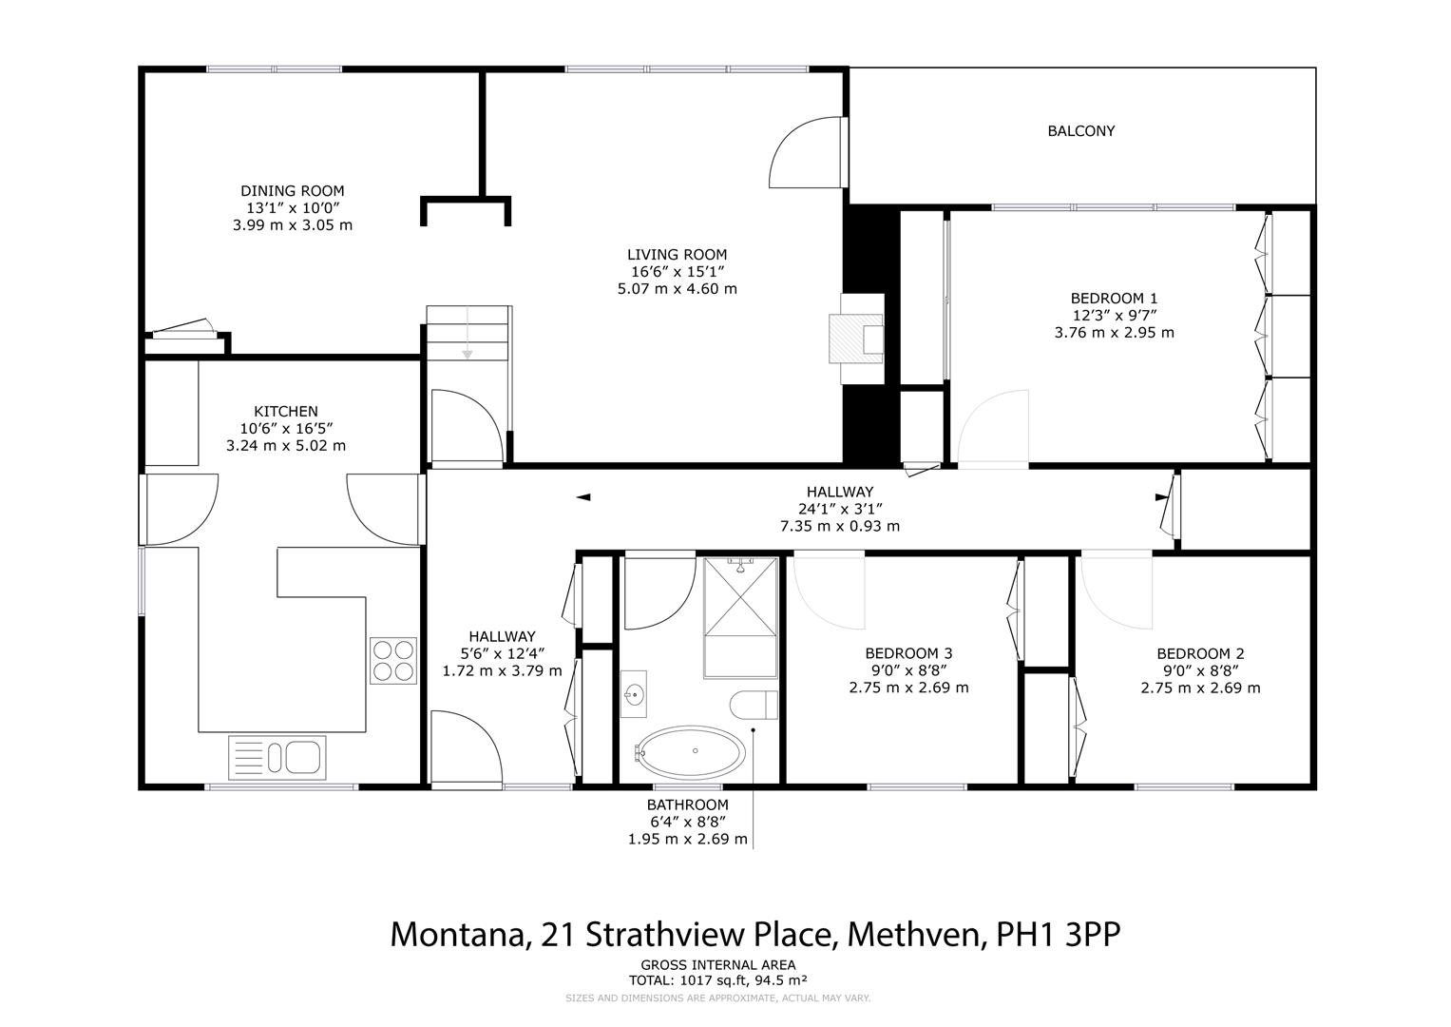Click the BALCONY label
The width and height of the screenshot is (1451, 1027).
1080,131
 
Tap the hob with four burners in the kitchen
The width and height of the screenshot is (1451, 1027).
393,660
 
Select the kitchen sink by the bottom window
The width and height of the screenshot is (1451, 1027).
277,758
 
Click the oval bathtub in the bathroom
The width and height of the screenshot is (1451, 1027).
691,752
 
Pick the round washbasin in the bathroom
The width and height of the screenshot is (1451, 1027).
634,696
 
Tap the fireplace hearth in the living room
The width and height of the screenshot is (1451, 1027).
856,339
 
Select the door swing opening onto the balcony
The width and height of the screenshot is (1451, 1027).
806,151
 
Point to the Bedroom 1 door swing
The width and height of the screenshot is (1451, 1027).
993,429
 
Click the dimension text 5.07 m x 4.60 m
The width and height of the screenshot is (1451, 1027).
677,288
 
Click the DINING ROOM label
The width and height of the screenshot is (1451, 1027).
292,191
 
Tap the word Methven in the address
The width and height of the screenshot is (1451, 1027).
914,934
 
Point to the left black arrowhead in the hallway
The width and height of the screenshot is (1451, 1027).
583,497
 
